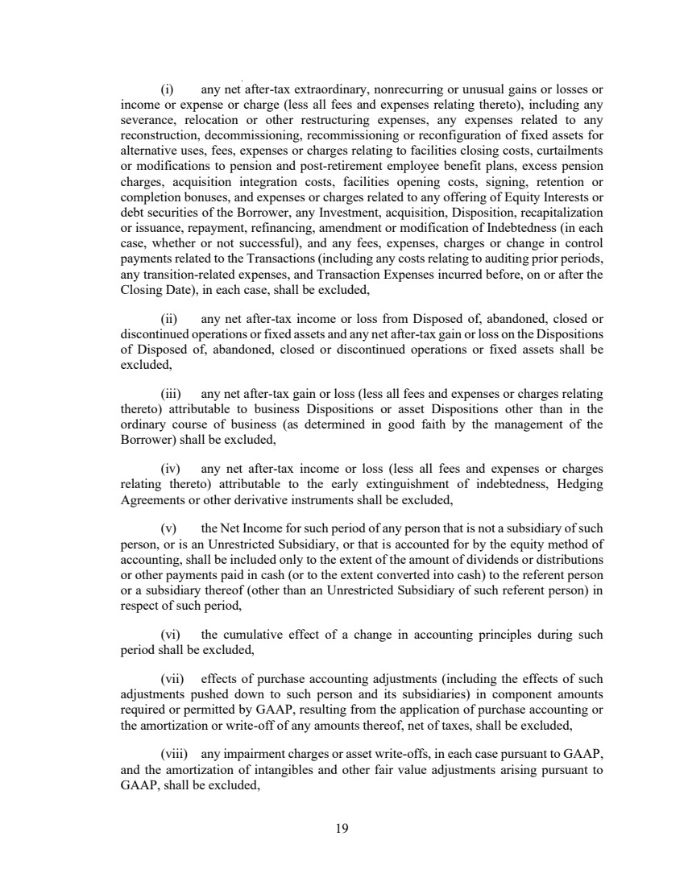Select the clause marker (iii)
pyautogui.click(x=171, y=394)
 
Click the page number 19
pyautogui.click(x=342, y=827)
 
